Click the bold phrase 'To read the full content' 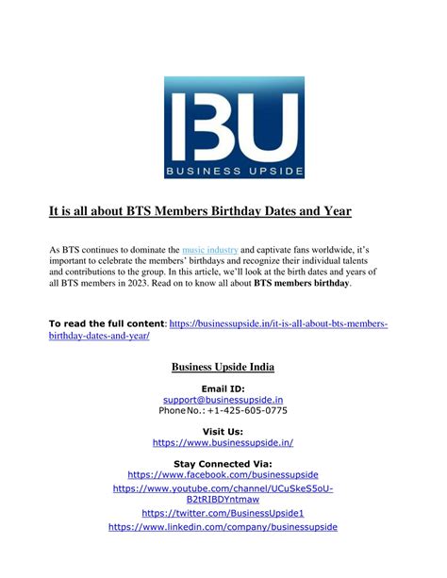tap(106, 324)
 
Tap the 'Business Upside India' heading tap(223, 366)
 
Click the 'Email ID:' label tap(223, 388)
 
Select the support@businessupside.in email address tap(223, 400)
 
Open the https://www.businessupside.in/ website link tap(223, 442)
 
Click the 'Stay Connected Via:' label tap(223, 464)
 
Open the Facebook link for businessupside tap(223, 475)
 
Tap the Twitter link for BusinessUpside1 tap(223, 513)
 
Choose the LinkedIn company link tap(223, 528)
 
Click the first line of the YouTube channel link tap(223, 489)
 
